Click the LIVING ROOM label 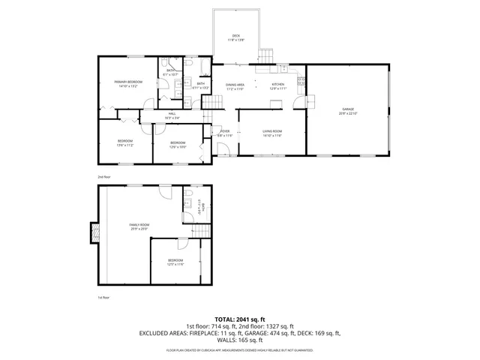[271, 133]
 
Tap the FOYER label [223, 133]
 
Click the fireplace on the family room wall [94, 233]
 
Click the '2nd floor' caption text [103, 177]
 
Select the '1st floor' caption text [103, 298]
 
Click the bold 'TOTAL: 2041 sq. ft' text [240, 319]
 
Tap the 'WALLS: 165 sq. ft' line [240, 339]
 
